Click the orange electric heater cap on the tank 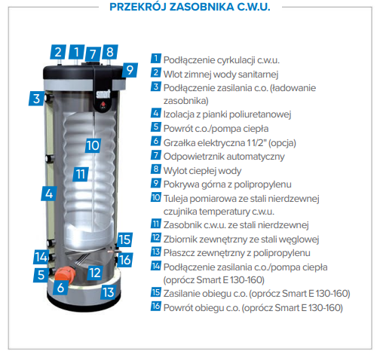tap(65, 273)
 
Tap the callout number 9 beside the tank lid tap(130, 70)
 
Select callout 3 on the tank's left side tap(37, 99)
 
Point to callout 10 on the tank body tap(93, 145)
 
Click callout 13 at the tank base tap(109, 292)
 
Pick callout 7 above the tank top tap(93, 53)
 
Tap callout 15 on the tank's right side tap(124, 239)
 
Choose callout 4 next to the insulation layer tap(49, 194)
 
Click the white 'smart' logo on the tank tap(103, 94)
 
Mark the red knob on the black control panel tap(103, 105)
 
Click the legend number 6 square tap(156, 141)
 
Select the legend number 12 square tap(156, 237)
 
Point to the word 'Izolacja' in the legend tap(179, 114)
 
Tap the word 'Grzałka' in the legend tap(179, 143)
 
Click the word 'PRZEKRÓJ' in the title tap(138, 7)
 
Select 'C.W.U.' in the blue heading tap(253, 7)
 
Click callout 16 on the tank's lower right tap(124, 260)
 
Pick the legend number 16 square tap(156, 306)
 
